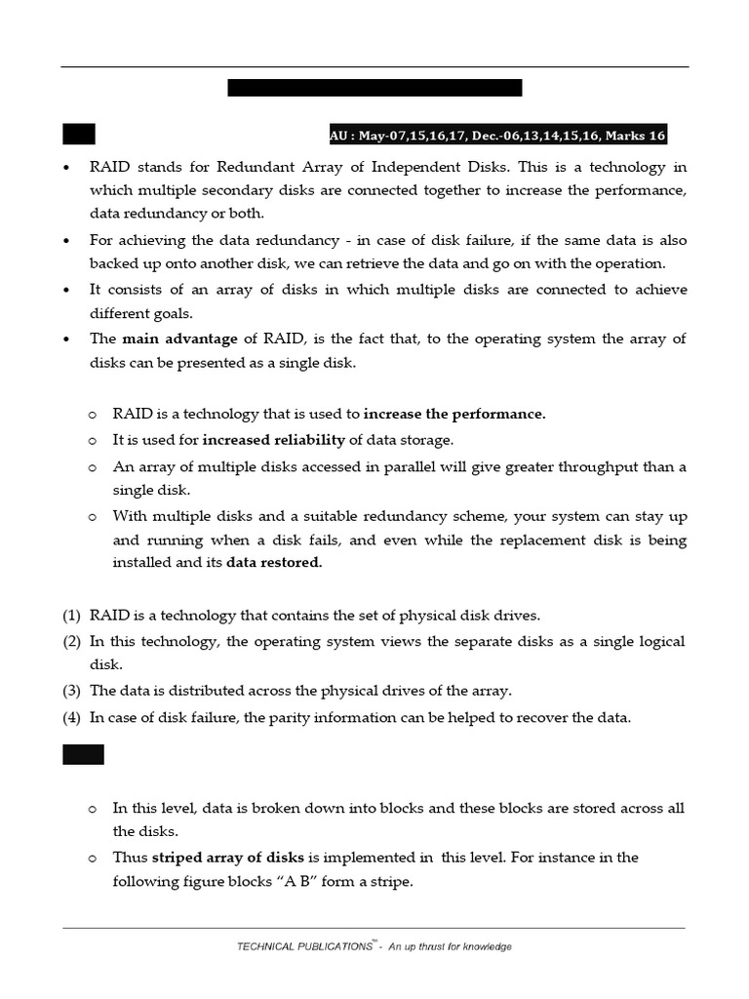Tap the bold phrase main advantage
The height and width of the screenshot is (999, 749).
point(179,339)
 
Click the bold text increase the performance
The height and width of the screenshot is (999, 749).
point(454,414)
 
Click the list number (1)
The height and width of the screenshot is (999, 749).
point(72,616)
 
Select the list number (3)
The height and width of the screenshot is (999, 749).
point(72,691)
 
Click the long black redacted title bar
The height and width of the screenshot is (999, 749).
point(374,88)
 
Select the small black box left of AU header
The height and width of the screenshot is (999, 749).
point(79,135)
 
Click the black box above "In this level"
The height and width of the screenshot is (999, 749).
point(83,754)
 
